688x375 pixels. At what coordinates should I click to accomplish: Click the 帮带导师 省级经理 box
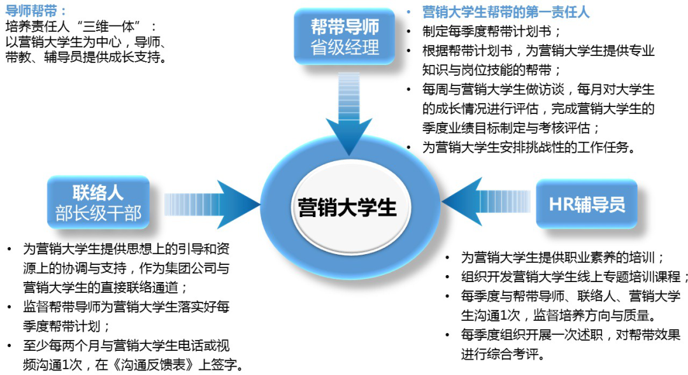tap(345, 37)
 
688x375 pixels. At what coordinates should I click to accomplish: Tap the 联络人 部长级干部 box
tap(98, 202)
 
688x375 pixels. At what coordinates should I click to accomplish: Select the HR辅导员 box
tap(587, 204)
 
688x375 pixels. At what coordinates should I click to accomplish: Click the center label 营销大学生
tap(347, 208)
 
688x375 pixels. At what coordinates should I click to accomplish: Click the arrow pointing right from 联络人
tap(212, 204)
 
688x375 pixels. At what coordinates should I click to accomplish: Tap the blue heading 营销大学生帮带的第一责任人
tap(505, 12)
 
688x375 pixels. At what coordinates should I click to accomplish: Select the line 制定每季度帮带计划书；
tap(491, 32)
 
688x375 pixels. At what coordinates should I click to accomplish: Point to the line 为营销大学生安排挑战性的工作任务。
tap(529, 147)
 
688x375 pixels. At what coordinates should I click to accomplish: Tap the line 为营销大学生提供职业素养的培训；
tap(563, 257)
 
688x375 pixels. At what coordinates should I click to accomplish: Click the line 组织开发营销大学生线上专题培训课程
tap(570, 277)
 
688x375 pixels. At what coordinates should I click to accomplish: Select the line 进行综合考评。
tap(503, 354)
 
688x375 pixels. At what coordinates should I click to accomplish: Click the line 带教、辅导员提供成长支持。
tap(87, 57)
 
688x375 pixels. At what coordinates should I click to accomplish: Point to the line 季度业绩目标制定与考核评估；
tap(511, 128)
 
